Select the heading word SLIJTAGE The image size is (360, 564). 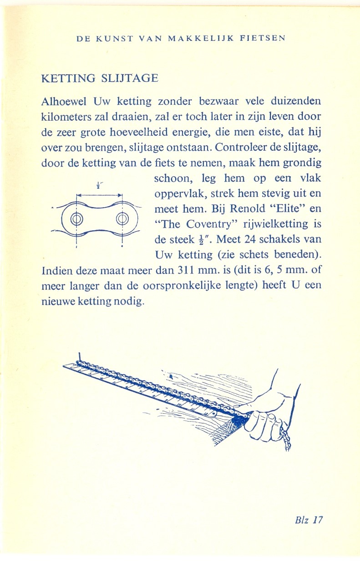tap(132, 78)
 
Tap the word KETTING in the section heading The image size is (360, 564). tap(70, 78)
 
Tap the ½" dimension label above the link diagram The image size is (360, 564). tap(99, 185)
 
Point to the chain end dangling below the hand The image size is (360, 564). tap(287, 439)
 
